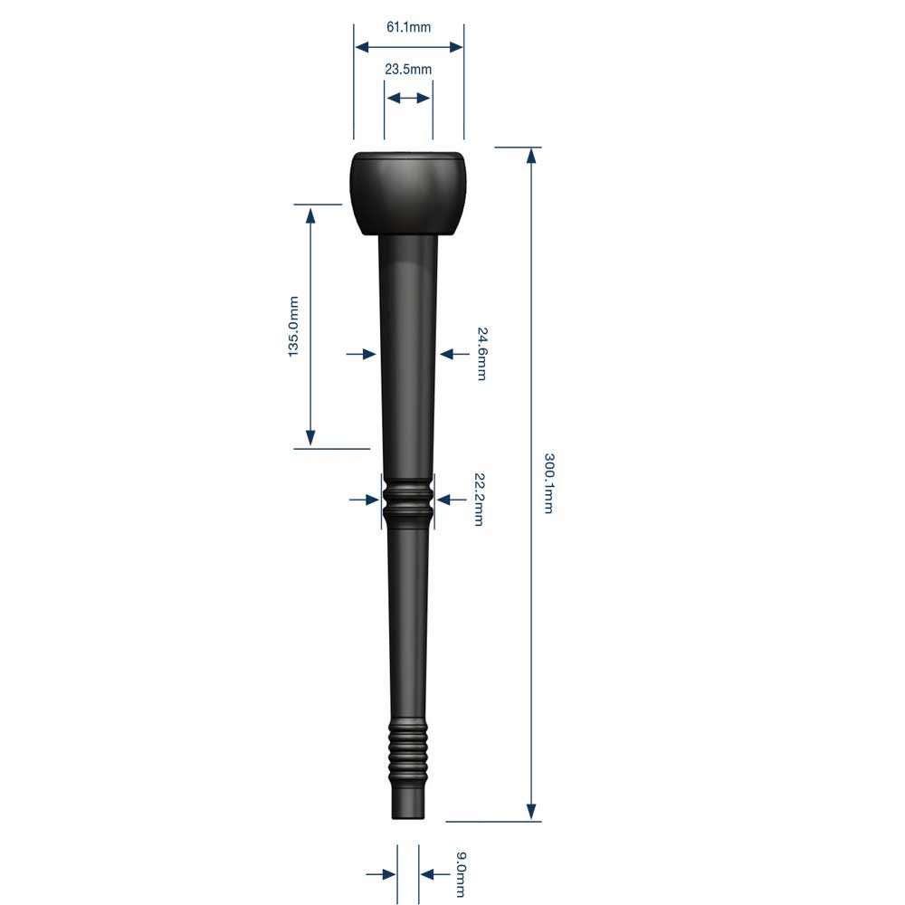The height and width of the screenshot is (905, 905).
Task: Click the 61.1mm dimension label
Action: pos(408,27)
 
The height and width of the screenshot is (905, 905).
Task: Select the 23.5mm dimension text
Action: pos(408,70)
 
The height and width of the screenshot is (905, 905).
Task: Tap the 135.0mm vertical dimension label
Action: pos(294,326)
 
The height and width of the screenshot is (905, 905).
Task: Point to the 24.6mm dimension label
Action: pos(481,354)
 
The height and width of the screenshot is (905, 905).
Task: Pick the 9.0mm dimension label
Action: pos(461,873)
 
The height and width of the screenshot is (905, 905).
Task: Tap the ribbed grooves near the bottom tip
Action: pos(408,750)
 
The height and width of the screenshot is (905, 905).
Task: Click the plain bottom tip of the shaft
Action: pos(408,804)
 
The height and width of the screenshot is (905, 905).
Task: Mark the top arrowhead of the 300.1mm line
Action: pos(531,156)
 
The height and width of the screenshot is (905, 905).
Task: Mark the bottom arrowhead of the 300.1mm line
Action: pos(531,812)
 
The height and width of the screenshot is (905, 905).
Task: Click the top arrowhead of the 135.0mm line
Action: pos(310,214)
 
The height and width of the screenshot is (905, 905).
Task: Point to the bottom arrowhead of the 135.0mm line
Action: pos(310,438)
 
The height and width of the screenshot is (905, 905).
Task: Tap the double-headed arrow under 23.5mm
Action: pos(408,98)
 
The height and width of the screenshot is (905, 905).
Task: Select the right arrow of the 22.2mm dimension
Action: pos(445,499)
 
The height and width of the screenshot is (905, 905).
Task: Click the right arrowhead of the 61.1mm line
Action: pos(455,47)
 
